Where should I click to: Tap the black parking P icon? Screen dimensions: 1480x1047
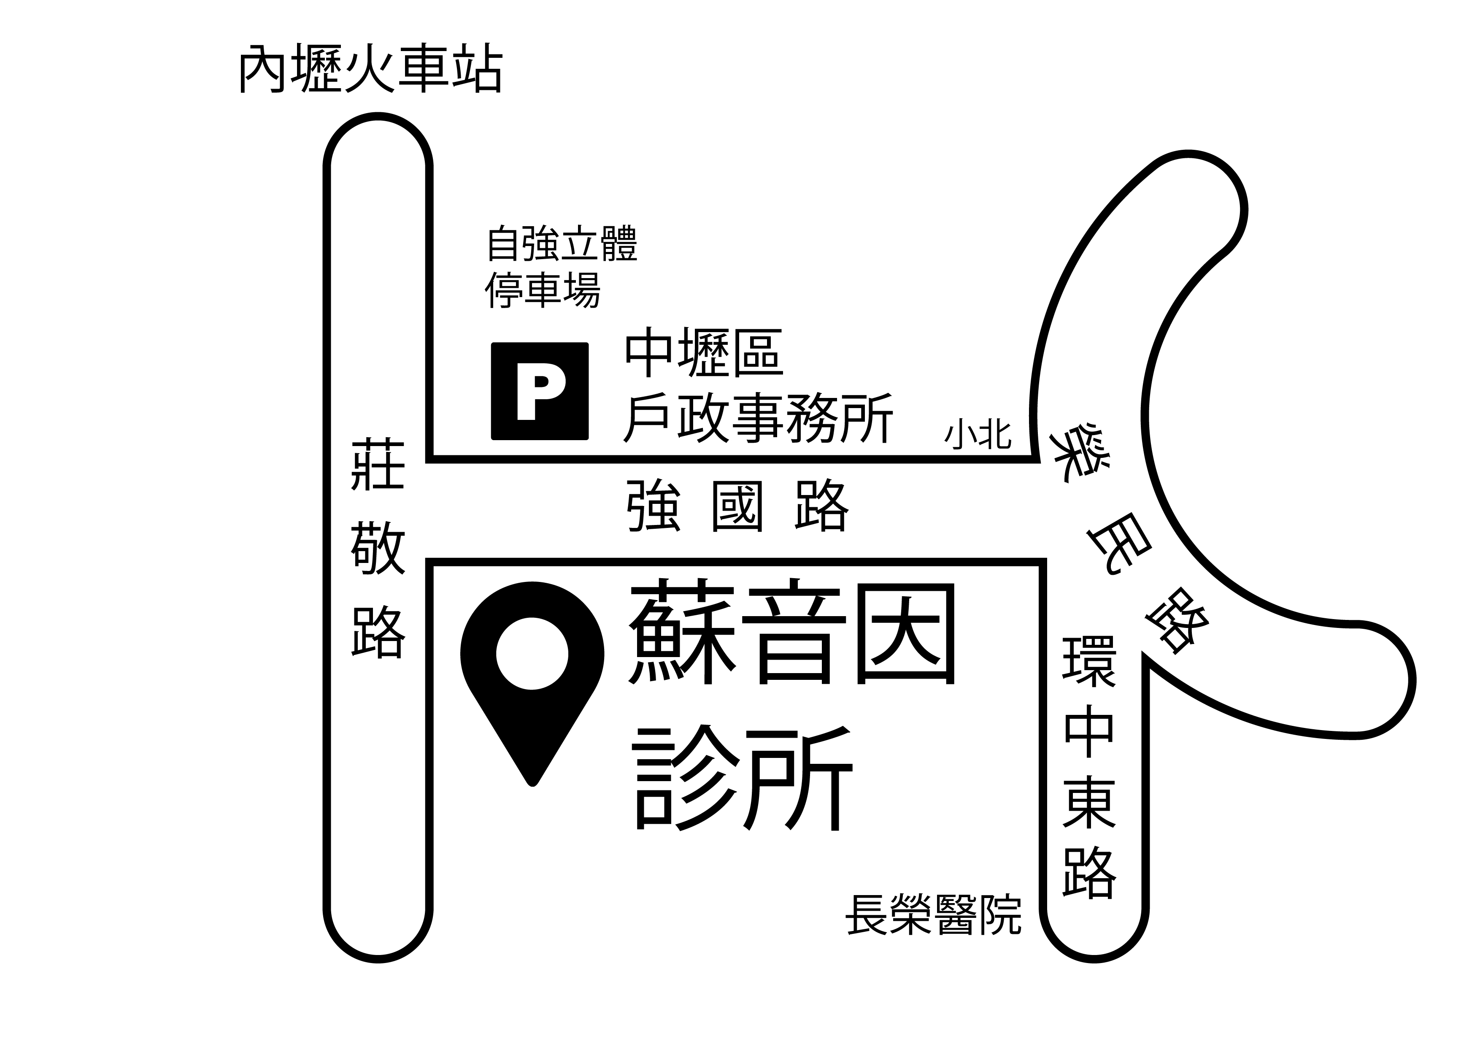(540, 391)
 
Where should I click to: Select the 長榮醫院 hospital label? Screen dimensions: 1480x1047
(933, 914)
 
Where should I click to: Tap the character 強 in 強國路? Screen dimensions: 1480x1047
(653, 506)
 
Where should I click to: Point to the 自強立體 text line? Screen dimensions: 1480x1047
(562, 243)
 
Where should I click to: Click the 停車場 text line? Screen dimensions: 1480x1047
(542, 289)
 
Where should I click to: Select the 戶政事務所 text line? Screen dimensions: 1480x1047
(758, 418)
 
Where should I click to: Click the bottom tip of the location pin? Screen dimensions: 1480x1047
(532, 784)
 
